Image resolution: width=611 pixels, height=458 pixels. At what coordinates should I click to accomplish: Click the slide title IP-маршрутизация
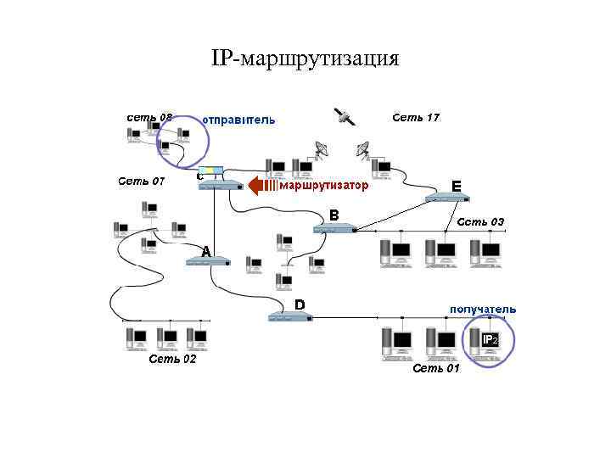pos(305,59)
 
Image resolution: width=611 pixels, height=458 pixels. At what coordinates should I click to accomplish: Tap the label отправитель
pos(238,120)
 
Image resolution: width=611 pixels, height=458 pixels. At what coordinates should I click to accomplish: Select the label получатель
pos(482,310)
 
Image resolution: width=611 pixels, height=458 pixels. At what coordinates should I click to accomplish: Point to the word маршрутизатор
pos(323,185)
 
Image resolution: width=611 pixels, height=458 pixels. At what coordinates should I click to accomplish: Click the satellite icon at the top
pos(344,117)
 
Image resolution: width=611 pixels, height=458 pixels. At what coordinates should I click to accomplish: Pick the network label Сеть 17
pos(416,117)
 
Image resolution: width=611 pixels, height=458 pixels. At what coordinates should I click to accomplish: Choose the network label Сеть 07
pos(142,181)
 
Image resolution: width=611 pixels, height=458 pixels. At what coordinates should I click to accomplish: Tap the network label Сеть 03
pos(480,222)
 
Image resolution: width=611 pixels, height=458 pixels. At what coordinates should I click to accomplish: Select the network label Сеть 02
pos(172,359)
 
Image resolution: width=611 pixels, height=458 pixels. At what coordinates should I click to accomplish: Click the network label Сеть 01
pos(435,368)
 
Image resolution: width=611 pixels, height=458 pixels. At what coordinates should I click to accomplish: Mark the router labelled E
pos(447,198)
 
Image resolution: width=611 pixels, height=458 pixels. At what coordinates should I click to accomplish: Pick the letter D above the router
pos(300,304)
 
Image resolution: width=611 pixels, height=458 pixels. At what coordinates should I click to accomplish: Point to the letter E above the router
pos(457,185)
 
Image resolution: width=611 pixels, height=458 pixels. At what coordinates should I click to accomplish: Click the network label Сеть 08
pos(150,117)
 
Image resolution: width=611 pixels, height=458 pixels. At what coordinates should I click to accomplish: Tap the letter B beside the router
pos(334,215)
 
